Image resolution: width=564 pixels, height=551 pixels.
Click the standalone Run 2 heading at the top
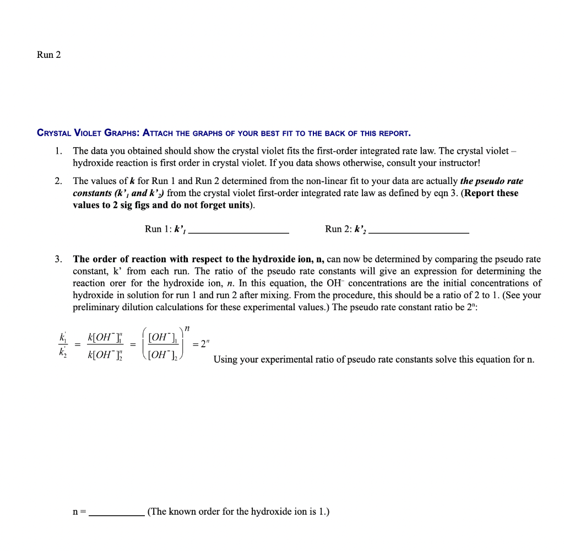48,55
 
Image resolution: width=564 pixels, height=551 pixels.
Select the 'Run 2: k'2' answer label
346,229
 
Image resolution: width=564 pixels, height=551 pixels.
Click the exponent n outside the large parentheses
187,329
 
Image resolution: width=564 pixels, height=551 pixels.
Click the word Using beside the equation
226,359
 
